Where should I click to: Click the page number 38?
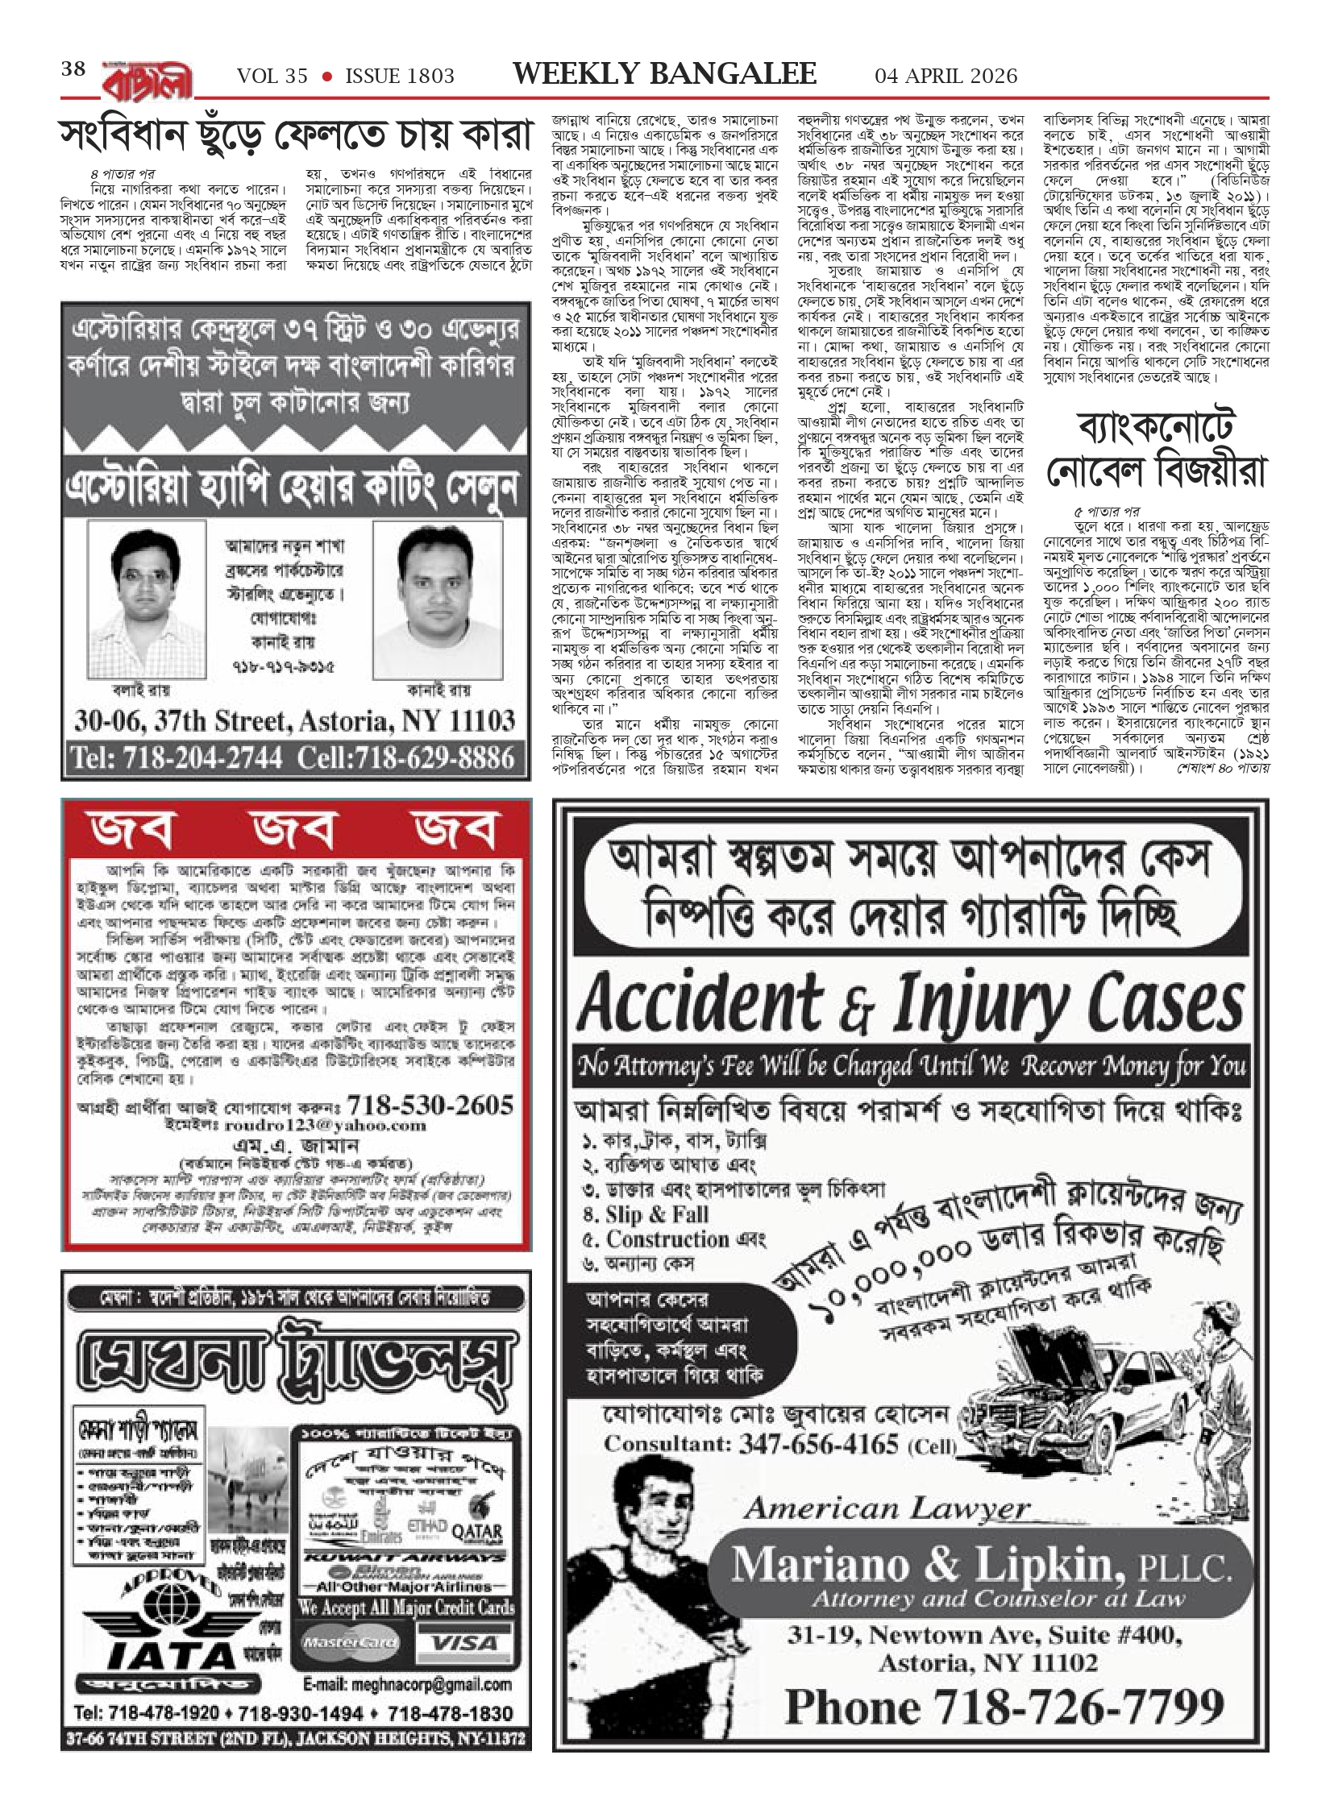[73, 69]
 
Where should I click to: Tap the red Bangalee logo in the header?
[148, 79]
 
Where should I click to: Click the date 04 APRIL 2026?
[946, 76]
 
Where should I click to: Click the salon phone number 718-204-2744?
[177, 758]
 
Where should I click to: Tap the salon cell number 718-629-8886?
[405, 758]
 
